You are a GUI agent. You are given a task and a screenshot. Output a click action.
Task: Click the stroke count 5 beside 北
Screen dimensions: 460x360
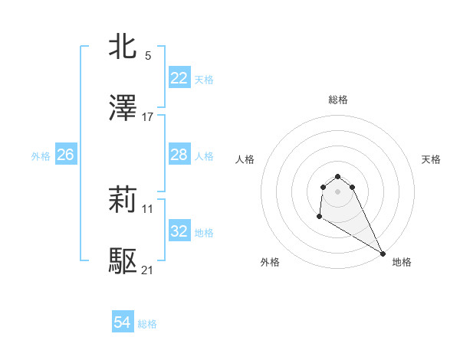148,55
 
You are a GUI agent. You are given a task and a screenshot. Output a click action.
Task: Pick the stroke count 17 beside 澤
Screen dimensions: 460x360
148,117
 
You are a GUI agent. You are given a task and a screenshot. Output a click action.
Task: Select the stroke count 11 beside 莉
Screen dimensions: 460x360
148,208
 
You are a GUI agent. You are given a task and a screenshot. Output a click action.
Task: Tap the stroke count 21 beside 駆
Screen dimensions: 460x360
148,270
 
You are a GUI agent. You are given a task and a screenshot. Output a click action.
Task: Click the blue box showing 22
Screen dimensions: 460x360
179,77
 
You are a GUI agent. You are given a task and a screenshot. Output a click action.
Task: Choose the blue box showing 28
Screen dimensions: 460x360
179,155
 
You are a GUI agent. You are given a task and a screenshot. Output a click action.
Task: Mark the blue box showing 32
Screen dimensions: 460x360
179,231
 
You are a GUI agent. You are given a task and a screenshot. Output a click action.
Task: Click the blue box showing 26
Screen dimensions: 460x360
65,155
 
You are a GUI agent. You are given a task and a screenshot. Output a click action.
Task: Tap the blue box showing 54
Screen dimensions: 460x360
123,322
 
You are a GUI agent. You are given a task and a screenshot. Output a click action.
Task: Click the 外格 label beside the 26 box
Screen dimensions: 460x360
41,156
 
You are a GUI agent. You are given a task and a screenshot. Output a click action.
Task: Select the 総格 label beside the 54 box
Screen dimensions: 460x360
147,324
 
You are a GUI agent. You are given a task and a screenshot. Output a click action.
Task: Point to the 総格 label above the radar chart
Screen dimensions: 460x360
338,100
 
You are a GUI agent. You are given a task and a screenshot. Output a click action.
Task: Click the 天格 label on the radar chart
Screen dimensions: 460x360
432,159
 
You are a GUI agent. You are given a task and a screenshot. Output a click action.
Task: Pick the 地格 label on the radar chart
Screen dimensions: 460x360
402,262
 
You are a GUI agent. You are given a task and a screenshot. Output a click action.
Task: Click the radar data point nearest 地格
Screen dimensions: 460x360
383,254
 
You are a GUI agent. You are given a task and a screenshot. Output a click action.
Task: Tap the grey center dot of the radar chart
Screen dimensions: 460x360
338,191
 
